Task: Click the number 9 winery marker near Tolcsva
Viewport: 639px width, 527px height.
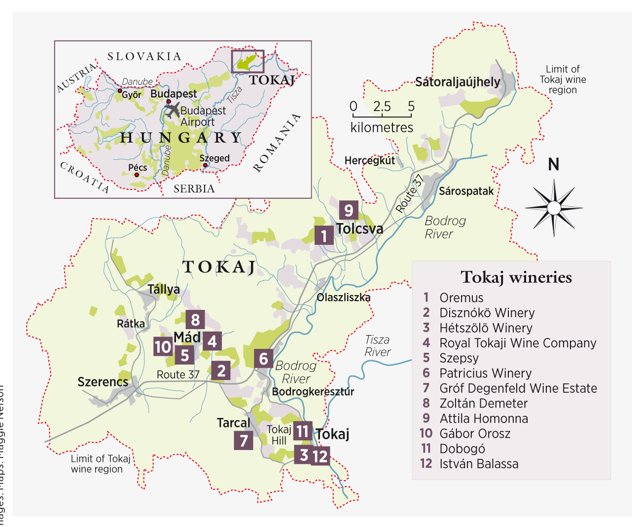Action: (349, 210)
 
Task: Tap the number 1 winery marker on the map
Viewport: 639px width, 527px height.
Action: (324, 235)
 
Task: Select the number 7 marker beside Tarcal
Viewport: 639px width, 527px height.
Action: (244, 440)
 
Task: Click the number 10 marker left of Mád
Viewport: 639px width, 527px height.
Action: (163, 347)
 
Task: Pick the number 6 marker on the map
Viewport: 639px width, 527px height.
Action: (263, 358)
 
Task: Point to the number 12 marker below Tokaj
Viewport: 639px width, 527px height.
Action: (320, 456)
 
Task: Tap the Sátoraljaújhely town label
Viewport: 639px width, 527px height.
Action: (457, 82)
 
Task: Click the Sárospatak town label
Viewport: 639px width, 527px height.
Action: (466, 191)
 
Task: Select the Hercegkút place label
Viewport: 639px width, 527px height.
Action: (369, 160)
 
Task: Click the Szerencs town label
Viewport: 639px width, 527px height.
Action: (103, 382)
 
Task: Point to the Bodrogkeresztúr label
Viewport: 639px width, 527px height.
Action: (313, 392)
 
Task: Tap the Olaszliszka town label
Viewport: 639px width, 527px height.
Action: (343, 298)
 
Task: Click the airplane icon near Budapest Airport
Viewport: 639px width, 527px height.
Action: (172, 110)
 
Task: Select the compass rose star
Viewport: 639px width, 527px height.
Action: (554, 207)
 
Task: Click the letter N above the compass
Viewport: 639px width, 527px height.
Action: (554, 164)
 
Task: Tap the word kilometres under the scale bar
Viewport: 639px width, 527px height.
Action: (382, 128)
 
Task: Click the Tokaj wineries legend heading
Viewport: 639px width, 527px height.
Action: (516, 277)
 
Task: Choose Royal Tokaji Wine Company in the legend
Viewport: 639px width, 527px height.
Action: (517, 343)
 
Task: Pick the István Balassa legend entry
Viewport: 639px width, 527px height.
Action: (478, 464)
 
